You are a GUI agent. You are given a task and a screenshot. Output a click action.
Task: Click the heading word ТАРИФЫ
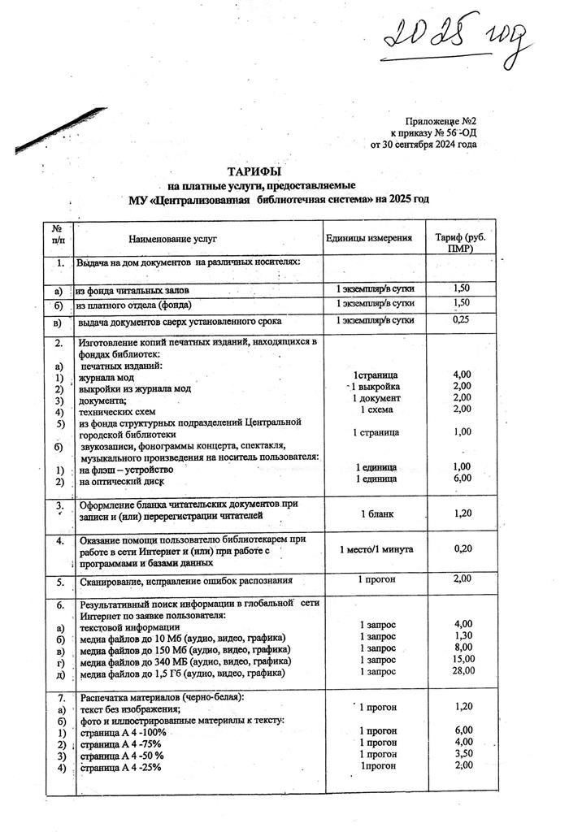tap(255, 172)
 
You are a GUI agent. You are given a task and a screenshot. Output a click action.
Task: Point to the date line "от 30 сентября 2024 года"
tap(423, 145)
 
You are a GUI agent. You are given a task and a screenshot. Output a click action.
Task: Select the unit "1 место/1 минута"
tap(374, 549)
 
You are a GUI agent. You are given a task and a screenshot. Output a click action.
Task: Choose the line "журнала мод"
tap(106, 376)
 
